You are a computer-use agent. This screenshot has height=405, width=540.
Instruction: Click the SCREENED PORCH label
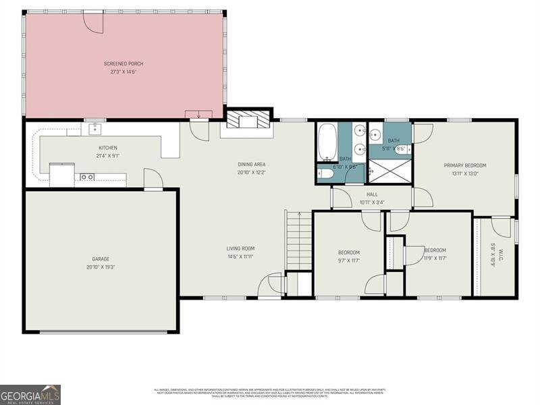pos(124,63)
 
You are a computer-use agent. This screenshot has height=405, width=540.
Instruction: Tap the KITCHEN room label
pos(108,148)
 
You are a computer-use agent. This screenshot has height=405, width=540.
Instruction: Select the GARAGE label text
pos(101,259)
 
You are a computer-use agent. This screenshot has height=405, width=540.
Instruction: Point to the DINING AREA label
pos(250,165)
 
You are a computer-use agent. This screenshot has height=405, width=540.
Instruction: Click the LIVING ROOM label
pos(240,248)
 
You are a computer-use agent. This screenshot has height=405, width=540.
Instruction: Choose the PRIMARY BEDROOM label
pos(464,165)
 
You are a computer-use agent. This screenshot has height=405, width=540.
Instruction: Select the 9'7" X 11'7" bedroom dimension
pos(349,259)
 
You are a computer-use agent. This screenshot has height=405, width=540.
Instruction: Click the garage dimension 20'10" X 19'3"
pos(101,267)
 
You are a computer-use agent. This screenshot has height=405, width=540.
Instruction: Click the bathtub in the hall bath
pos(327,142)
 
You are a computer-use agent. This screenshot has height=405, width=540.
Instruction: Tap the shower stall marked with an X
pos(389,171)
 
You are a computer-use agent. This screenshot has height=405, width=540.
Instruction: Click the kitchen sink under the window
pos(95,128)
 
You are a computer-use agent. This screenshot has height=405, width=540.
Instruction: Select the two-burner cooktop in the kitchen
pos(87,177)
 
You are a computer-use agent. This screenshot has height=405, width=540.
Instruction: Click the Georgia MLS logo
pos(30,394)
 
